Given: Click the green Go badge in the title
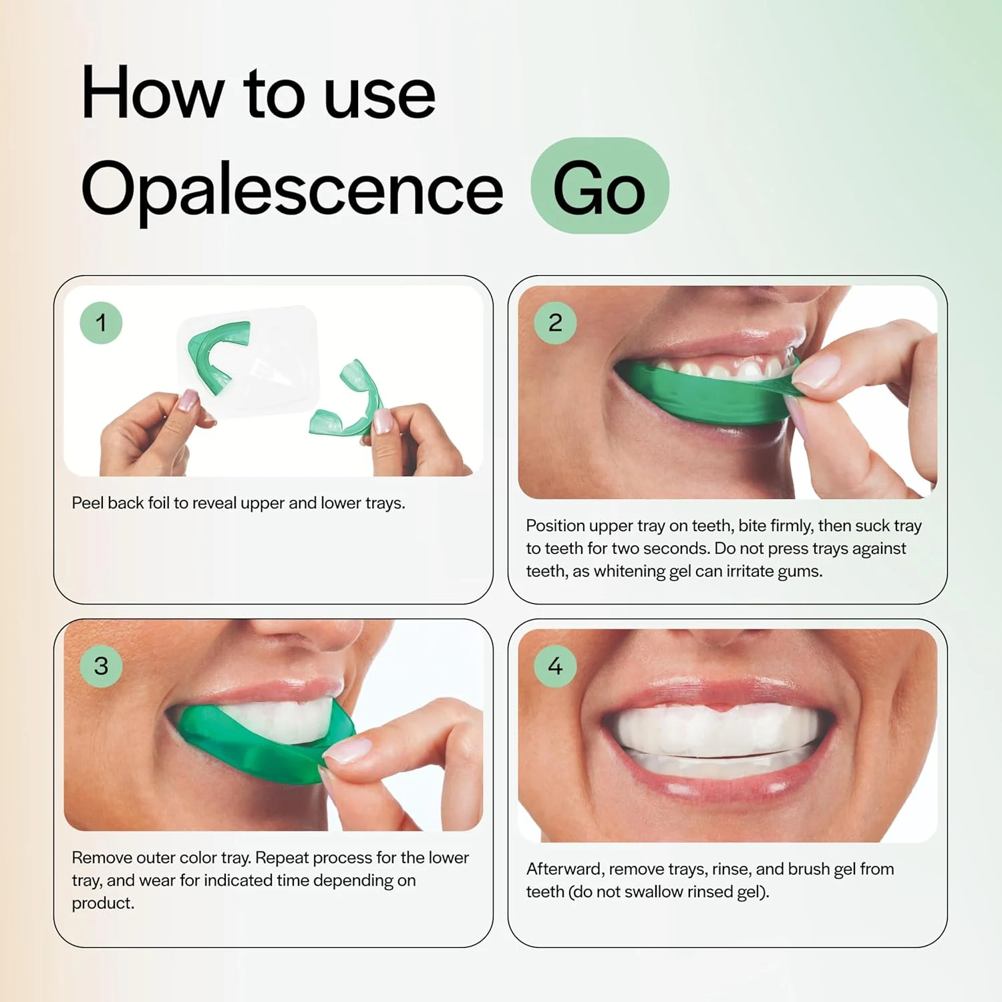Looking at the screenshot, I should tap(599, 186).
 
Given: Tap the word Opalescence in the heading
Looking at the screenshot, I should tap(291, 189).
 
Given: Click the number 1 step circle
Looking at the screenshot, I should tap(101, 323).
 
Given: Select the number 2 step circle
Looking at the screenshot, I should tap(555, 323).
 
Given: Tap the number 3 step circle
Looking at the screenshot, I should tap(101, 666).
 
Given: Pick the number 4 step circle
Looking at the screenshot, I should tap(555, 666).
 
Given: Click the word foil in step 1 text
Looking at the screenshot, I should tap(159, 503).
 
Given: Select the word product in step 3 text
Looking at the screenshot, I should tap(103, 903).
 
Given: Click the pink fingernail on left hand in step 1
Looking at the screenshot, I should tap(188, 400).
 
